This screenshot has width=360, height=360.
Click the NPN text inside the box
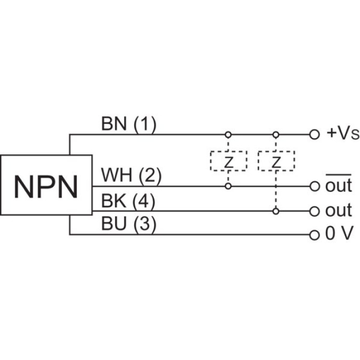[46, 186]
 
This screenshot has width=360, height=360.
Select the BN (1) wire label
[129, 124]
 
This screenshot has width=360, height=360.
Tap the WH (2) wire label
[131, 175]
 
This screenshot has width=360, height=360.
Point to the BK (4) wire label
[128, 201]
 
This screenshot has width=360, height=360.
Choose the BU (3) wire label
[129, 225]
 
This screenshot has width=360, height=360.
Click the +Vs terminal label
[339, 133]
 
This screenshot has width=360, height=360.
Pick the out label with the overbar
[339, 186]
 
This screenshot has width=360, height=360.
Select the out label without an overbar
[339, 211]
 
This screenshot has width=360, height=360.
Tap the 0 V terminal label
[339, 234]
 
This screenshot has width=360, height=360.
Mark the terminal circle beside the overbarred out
[315, 186]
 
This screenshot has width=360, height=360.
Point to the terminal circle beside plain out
[315, 211]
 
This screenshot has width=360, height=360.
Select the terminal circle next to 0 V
[315, 235]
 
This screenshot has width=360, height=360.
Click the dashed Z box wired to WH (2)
[228, 161]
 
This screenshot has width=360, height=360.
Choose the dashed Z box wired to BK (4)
[276, 161]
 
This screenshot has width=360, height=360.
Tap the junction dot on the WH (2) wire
[228, 186]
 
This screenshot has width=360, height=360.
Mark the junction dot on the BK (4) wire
[276, 211]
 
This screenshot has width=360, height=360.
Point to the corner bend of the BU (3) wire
[70, 235]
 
